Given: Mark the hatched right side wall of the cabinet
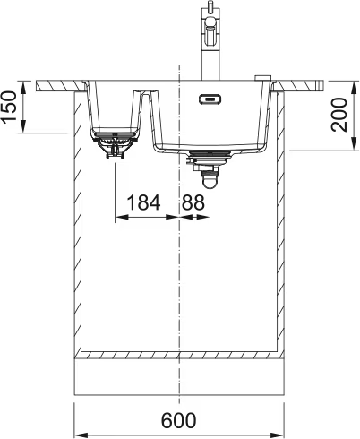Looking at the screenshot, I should click(282, 224).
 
